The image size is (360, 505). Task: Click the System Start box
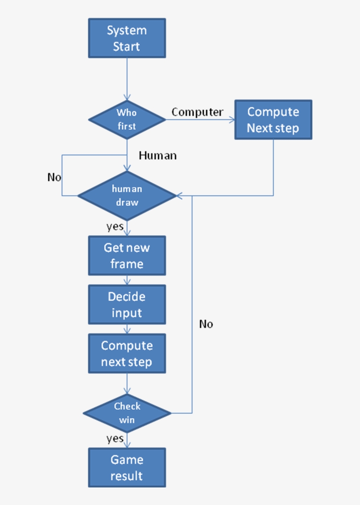127,38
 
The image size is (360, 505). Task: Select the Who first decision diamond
127,119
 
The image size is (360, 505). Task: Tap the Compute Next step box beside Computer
273,120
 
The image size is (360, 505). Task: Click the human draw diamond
127,196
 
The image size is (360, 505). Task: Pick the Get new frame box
127,256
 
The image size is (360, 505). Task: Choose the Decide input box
127,305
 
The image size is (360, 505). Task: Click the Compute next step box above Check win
127,354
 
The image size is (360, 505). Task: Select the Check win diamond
127,413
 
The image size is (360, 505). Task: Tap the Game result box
127,468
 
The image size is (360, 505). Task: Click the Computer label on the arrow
197,112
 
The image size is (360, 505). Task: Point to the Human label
158,155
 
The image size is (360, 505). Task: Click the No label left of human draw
54,177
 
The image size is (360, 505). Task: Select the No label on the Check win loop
206,324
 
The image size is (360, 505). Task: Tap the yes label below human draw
115,227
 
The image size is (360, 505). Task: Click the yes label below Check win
115,438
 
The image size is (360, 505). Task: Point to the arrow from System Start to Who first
127,79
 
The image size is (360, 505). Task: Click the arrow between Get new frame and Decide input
127,280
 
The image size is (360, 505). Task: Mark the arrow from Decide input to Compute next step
127,329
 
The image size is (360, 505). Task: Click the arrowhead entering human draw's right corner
179,196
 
